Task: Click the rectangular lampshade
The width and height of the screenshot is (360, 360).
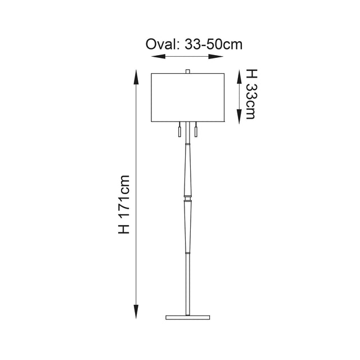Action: [188, 96]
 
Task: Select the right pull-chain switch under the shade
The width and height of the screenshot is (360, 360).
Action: [196, 133]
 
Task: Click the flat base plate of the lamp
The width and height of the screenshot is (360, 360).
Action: [188, 317]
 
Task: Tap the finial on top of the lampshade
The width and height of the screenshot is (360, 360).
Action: [188, 71]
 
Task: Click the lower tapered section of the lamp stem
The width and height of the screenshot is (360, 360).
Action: [188, 225]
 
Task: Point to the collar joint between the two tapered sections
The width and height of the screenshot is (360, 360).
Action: [188, 196]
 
